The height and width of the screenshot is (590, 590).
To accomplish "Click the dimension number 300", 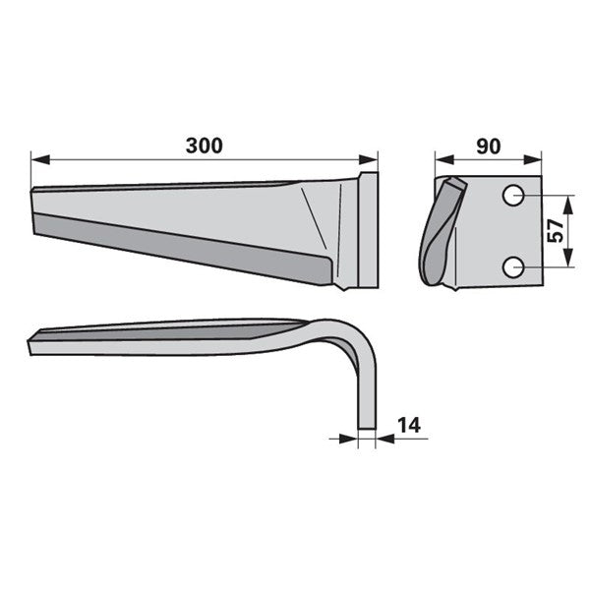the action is pos(205,146).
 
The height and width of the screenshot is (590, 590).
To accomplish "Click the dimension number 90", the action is pos(489,147).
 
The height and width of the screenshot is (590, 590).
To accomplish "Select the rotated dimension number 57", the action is pos(555,231).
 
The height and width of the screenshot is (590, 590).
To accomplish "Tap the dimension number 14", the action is pos(409,425).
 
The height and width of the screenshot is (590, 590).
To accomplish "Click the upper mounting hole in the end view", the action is pos(513,196).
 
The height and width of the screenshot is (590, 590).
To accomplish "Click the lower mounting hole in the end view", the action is pos(513,267).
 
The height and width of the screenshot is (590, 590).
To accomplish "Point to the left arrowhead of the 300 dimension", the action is pos(40,159).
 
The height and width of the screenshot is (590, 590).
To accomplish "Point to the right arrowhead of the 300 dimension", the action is pos(368,159).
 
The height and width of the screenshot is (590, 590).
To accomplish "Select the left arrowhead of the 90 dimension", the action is pos(444,159).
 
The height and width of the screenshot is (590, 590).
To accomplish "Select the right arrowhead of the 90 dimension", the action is pos(532,159).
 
